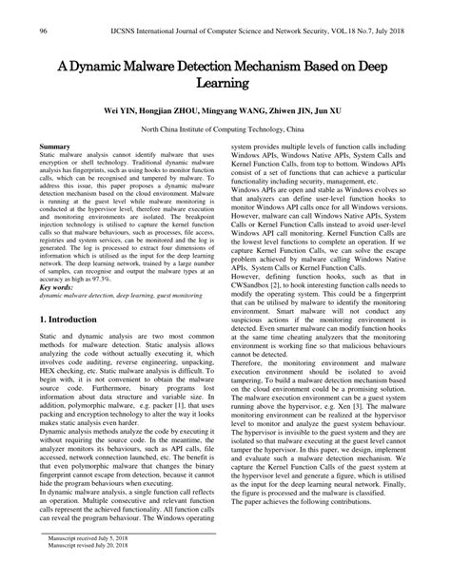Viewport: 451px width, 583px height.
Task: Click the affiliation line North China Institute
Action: point(225,127)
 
